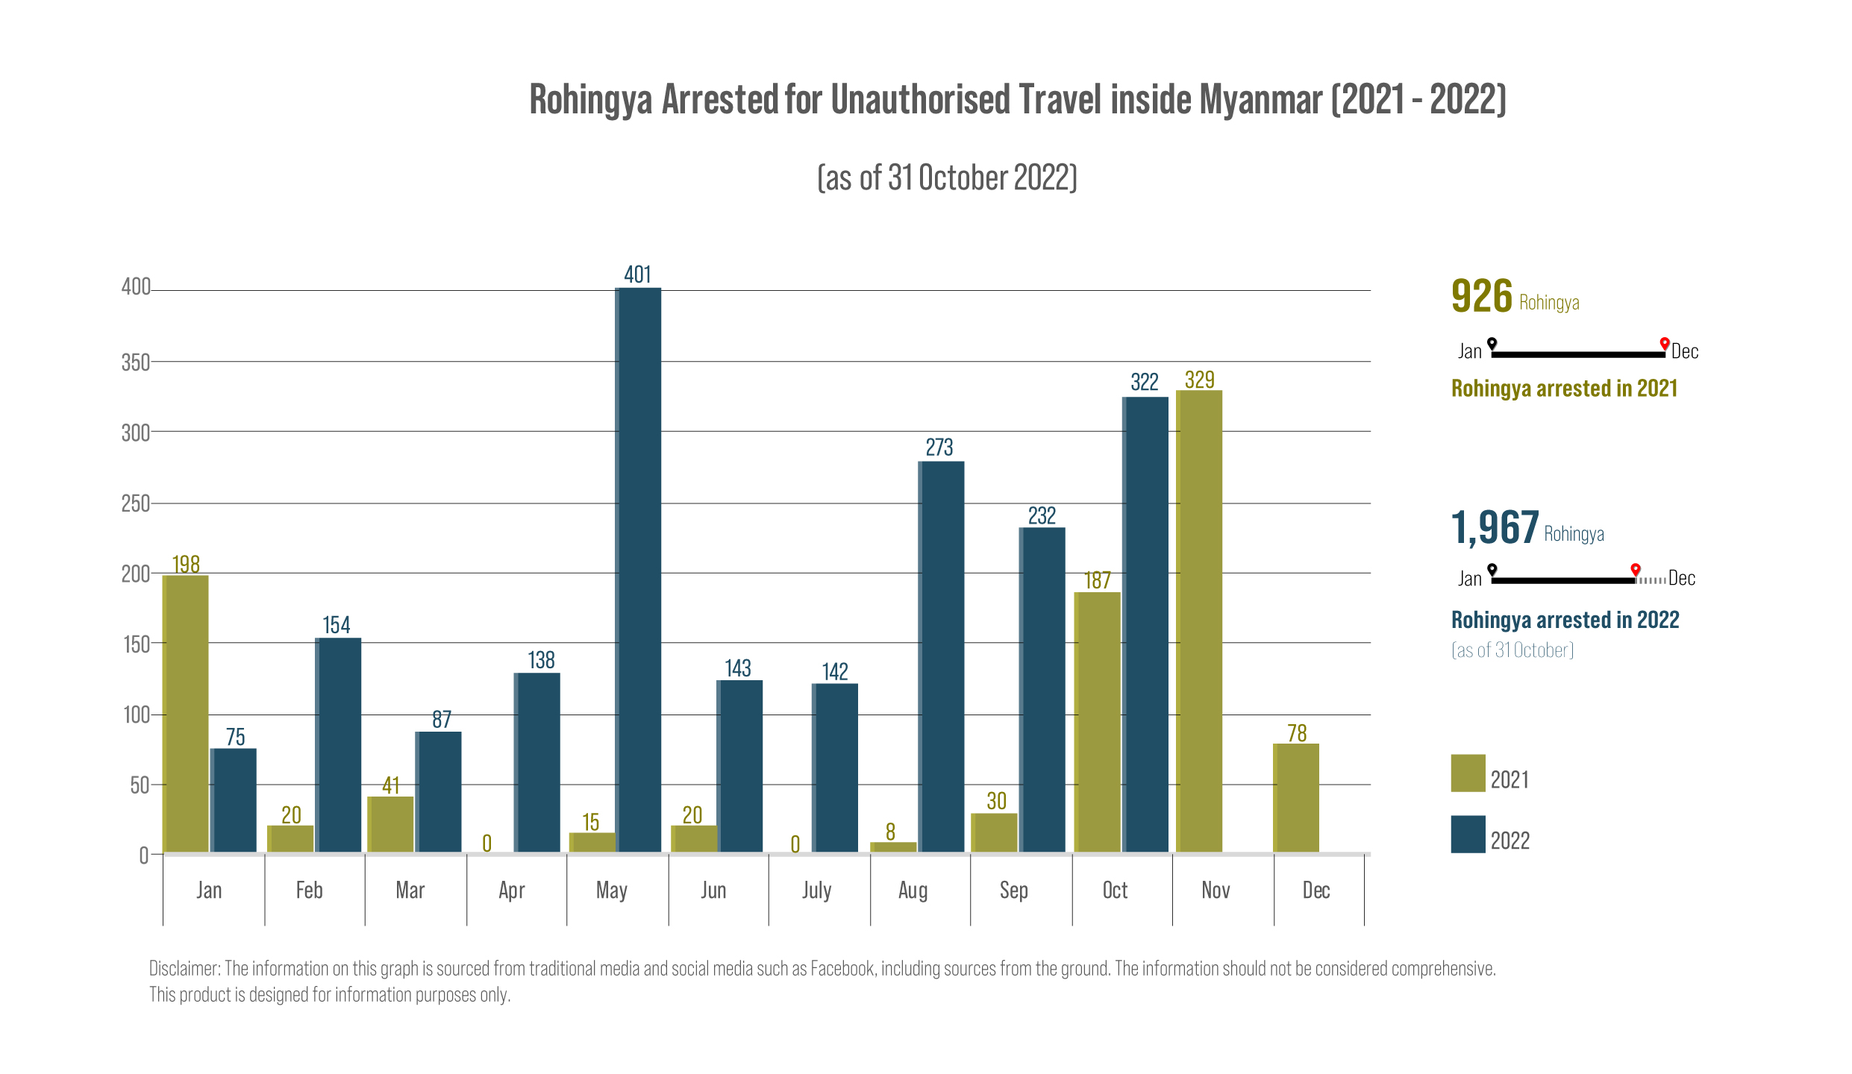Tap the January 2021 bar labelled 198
click(x=185, y=713)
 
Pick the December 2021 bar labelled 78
click(x=1296, y=797)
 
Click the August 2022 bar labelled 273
click(x=941, y=656)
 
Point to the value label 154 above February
click(x=336, y=625)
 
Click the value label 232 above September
click(x=1042, y=516)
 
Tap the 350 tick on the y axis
click(x=135, y=363)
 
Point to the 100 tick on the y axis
click(x=137, y=715)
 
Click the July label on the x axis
click(x=816, y=891)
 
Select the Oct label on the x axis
click(x=1115, y=891)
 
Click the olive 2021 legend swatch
click(x=1468, y=773)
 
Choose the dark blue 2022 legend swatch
click(x=1468, y=834)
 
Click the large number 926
click(x=1482, y=296)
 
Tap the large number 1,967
click(x=1495, y=528)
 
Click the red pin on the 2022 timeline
click(x=1635, y=570)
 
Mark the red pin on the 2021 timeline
click(x=1664, y=343)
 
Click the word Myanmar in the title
click(x=1260, y=100)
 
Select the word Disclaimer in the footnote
click(x=184, y=969)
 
